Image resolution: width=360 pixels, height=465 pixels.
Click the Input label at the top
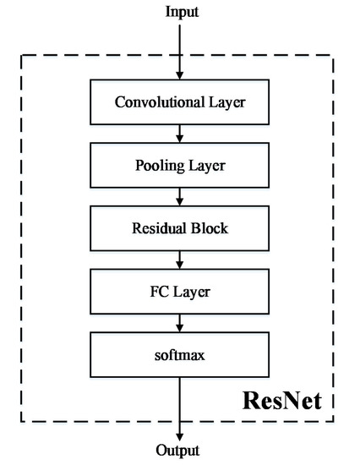pyautogui.click(x=179, y=12)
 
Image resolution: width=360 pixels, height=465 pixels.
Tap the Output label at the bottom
pyautogui.click(x=179, y=452)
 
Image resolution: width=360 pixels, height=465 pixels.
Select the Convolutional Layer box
pyautogui.click(x=179, y=102)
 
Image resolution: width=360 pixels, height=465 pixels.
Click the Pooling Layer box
pyautogui.click(x=179, y=166)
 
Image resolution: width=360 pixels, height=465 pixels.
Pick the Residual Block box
pyautogui.click(x=179, y=229)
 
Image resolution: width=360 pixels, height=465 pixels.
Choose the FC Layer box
pyautogui.click(x=179, y=293)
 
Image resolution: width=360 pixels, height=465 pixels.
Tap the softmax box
pyautogui.click(x=179, y=356)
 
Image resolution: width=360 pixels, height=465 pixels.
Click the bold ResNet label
pyautogui.click(x=282, y=398)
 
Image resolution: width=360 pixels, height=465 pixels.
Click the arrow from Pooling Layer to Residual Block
pyautogui.click(x=179, y=197)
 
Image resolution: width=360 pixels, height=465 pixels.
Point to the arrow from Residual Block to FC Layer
pyautogui.click(x=179, y=260)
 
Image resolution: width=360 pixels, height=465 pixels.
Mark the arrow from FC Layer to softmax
pyautogui.click(x=179, y=324)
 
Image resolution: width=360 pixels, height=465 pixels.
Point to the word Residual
pyautogui.click(x=159, y=229)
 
